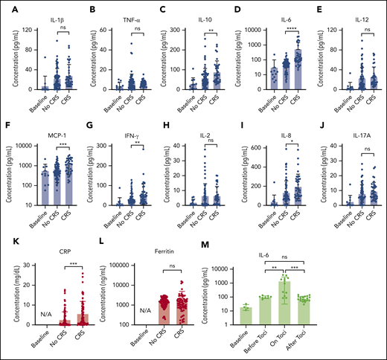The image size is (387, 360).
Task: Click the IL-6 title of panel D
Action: tap(271, 11)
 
